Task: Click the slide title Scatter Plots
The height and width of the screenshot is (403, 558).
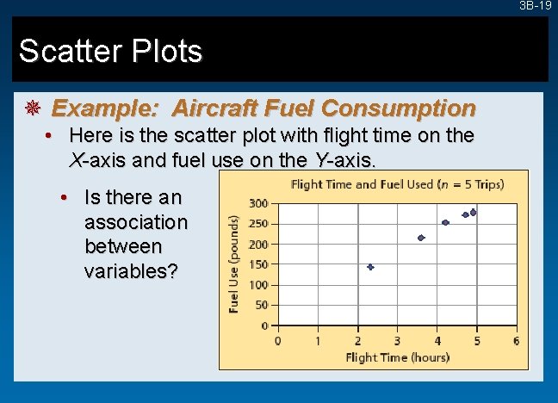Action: tap(110, 52)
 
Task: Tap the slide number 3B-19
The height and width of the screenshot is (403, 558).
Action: tap(535, 6)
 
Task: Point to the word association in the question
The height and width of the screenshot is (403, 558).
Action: tap(135, 222)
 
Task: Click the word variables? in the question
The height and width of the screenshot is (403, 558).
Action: tap(131, 270)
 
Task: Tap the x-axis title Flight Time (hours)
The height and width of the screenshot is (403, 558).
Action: tap(396, 356)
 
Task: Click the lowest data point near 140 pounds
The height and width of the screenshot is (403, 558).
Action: tap(370, 267)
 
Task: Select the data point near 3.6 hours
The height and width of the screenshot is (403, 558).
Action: tap(421, 238)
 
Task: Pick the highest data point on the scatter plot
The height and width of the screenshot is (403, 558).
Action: tap(473, 212)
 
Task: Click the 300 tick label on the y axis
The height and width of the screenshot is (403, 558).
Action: tap(257, 203)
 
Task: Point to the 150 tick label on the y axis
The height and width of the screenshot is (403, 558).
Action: tap(257, 264)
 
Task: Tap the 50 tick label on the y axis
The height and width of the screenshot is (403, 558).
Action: tap(261, 305)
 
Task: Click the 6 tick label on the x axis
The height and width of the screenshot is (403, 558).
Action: tap(516, 340)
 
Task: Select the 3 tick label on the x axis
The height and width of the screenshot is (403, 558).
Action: tap(397, 340)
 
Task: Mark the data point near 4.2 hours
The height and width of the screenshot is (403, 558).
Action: tap(445, 222)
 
